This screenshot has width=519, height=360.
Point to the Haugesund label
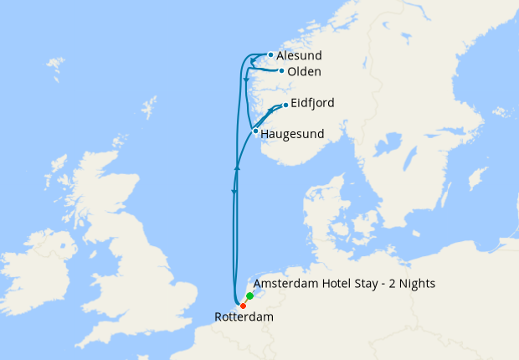pos(292,133)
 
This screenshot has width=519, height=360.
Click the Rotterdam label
pos(244,317)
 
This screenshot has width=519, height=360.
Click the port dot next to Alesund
pos(270,55)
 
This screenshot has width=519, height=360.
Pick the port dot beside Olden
pos(281,71)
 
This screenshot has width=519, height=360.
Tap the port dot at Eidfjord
pos(285,105)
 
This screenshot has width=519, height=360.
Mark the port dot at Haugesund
pos(255,131)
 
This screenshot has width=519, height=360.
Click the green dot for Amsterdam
pos(249,296)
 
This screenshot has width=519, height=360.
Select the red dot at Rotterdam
pos(243,305)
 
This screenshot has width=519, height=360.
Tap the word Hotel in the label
pos(337,284)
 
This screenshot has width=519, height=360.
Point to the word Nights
pos(416,284)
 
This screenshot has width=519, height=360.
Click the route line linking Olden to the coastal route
pos(266,71)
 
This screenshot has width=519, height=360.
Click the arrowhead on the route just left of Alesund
pos(253,60)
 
